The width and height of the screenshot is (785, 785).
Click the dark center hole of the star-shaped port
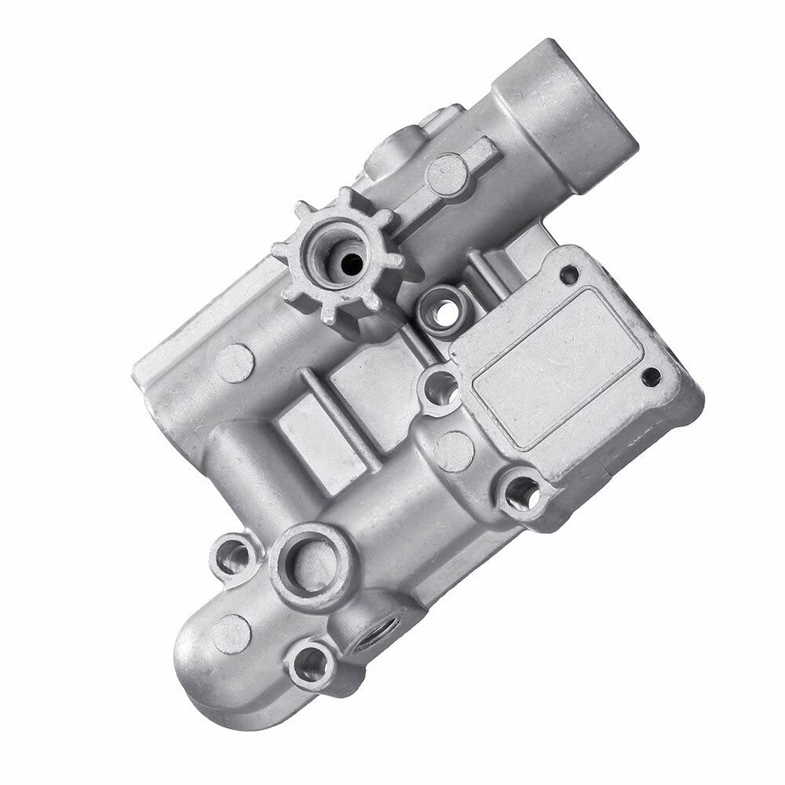click(x=352, y=264)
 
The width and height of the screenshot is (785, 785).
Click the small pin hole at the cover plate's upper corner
click(x=569, y=275)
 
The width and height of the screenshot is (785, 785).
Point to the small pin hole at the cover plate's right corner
click(x=651, y=376)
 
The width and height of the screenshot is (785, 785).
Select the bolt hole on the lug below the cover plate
click(x=521, y=493)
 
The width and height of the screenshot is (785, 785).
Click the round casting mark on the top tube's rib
click(x=447, y=173)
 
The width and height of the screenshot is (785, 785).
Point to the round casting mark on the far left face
click(x=235, y=363)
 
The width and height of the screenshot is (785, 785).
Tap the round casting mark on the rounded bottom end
click(x=232, y=633)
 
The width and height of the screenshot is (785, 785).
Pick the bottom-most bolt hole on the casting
click(x=312, y=664)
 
